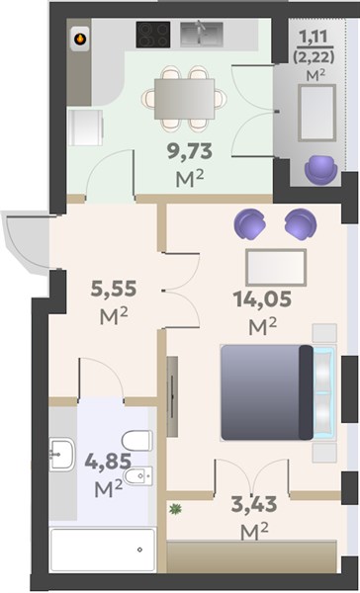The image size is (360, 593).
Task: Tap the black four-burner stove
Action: (x=153, y=35)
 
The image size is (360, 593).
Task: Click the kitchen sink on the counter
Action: (x=201, y=34)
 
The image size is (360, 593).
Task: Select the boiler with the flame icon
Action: (x=80, y=39)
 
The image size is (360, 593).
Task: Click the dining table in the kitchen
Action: (x=184, y=99)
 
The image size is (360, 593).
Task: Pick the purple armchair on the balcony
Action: (x=321, y=169)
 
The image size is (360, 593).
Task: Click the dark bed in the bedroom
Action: (x=267, y=392)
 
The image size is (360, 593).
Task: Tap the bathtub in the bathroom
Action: (x=103, y=550)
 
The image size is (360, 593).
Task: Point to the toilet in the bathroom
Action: (x=137, y=441)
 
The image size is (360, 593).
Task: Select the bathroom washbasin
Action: (x=61, y=455)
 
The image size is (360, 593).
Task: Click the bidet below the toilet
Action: (x=138, y=476)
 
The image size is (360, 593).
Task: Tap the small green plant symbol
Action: (x=175, y=509)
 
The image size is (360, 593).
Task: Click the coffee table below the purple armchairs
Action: (x=276, y=268)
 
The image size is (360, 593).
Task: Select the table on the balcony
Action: (x=316, y=113)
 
